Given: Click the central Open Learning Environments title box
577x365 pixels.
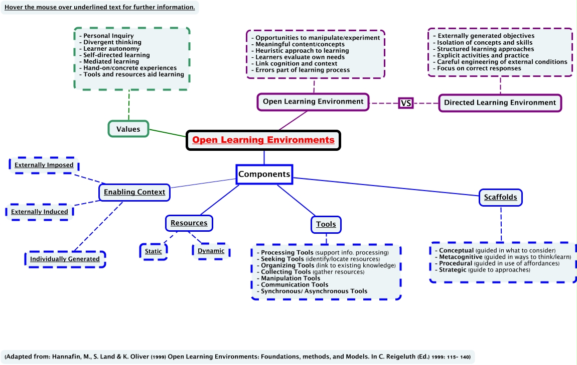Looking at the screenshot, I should tap(263, 140).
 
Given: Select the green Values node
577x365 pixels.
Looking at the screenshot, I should tap(128, 129).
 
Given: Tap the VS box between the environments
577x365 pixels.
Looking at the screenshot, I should tap(405, 103).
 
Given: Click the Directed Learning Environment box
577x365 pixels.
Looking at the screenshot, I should tap(500, 103).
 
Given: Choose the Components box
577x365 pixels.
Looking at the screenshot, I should tap(264, 174).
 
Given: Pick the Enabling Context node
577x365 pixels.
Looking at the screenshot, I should tap(134, 192).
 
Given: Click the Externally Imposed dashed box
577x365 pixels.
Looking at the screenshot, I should tap(44, 165).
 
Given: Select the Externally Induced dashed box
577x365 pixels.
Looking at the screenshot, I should tap(40, 212).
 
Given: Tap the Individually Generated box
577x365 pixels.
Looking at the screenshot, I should tap(65, 259).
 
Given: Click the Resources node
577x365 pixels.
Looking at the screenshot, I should tap(189, 223).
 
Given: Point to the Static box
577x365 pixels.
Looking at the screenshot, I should tap(153, 251).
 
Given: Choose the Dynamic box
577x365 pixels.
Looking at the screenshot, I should tap(211, 250).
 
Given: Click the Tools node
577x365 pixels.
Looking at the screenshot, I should tap(326, 224).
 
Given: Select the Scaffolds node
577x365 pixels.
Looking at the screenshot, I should tap(500, 197).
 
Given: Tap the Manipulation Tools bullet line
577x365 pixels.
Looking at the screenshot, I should tap(291, 278).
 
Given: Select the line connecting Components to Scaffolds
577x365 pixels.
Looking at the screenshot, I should tap(386, 187).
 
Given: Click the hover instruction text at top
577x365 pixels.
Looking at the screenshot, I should tap(99, 7).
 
